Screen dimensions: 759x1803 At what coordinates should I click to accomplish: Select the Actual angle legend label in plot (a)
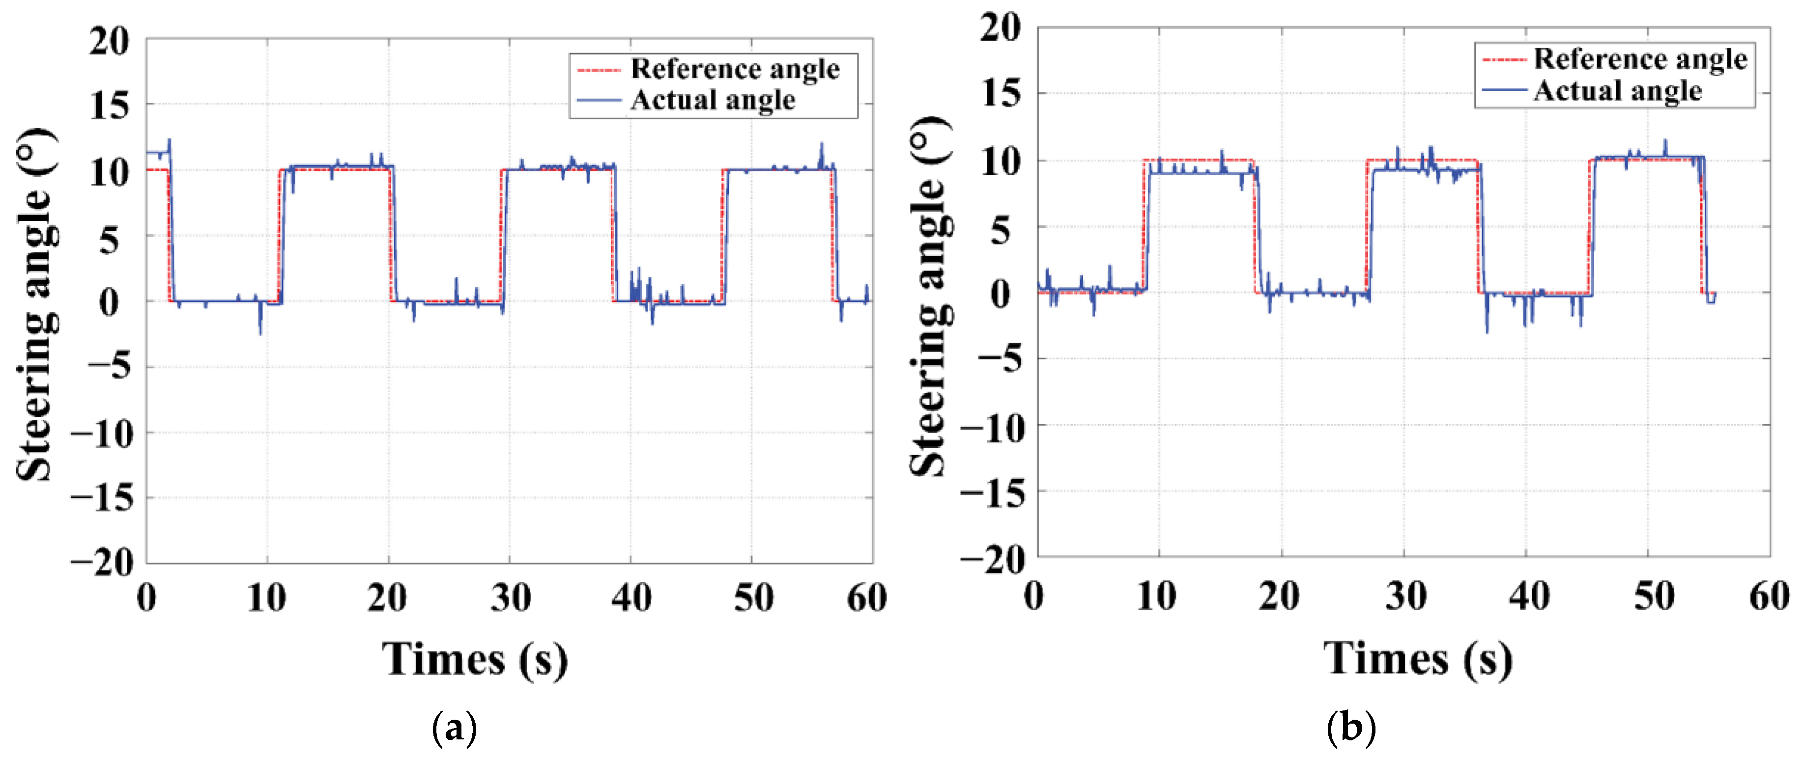(x=712, y=100)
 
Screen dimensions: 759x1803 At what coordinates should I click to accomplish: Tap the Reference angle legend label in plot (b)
(x=1640, y=59)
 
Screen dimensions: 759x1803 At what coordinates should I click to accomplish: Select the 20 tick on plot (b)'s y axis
(x=1000, y=28)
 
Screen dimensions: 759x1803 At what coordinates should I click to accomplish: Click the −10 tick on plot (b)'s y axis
(x=993, y=427)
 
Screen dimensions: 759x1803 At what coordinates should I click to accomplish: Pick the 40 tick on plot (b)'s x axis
(x=1529, y=596)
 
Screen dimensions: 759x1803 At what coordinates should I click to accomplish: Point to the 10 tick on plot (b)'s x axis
(x=1156, y=596)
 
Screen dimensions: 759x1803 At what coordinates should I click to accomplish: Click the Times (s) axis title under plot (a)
(x=475, y=660)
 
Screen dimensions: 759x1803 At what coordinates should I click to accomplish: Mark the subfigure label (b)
(x=1350, y=728)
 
